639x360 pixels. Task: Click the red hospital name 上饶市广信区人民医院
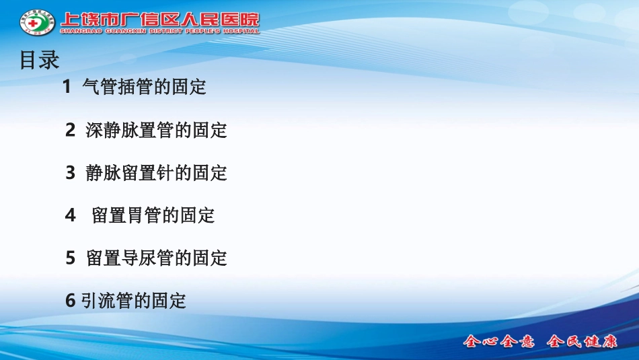pos(159,20)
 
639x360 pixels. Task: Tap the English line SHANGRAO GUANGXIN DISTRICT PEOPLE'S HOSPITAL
pos(159,31)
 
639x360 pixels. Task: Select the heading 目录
pos(40,60)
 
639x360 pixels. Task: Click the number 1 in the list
pos(67,87)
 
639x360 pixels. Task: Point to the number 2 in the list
pos(70,130)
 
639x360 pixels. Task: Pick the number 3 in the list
pos(70,173)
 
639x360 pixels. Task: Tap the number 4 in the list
pos(70,215)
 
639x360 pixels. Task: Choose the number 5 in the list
pos(70,258)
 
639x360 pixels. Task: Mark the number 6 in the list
pos(70,301)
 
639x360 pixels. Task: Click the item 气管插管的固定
pos(144,87)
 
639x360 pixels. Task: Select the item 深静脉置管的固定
pos(157,130)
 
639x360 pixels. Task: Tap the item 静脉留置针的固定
pos(157,173)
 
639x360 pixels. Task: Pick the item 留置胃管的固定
pos(153,215)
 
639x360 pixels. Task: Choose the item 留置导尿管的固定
pos(157,258)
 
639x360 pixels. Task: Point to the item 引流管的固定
pos(133,301)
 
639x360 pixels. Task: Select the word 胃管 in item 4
pos(145,215)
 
